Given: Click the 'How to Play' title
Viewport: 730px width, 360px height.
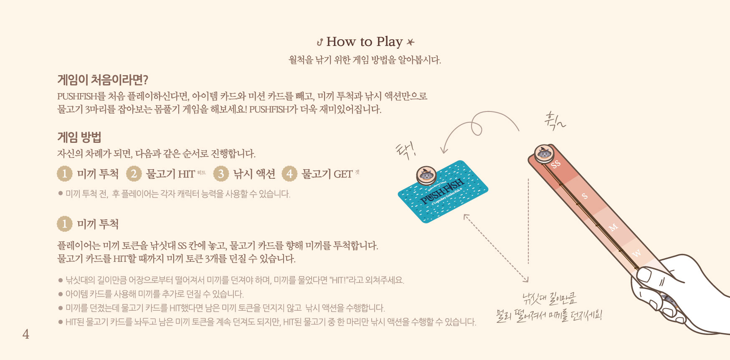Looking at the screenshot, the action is [365, 42].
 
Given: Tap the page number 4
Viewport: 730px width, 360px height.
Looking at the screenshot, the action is [26, 334].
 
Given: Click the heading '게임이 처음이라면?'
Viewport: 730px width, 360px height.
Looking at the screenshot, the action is [103, 79].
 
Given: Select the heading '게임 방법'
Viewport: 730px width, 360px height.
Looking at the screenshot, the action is [79, 137].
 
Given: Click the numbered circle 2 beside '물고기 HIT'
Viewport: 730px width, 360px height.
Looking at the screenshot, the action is [134, 174].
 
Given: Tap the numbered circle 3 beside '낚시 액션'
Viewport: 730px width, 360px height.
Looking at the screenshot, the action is [221, 174].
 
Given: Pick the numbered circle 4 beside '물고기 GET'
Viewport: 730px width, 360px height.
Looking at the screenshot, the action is [289, 174].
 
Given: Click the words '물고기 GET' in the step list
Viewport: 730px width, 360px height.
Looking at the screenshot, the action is [327, 174].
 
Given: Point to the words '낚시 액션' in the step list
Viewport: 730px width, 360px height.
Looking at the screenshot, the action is [254, 174].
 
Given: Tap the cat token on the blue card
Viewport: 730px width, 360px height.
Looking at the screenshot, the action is [426, 175].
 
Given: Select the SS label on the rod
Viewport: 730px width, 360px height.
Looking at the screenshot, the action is [555, 164].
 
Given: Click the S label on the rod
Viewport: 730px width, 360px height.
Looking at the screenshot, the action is [584, 195].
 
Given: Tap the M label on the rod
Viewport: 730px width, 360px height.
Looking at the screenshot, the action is [613, 228].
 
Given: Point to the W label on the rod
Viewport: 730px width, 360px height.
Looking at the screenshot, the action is [636, 254].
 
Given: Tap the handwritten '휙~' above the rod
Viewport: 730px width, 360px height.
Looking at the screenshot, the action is [555, 120].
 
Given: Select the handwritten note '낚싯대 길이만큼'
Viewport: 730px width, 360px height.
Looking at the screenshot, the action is [549, 299].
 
